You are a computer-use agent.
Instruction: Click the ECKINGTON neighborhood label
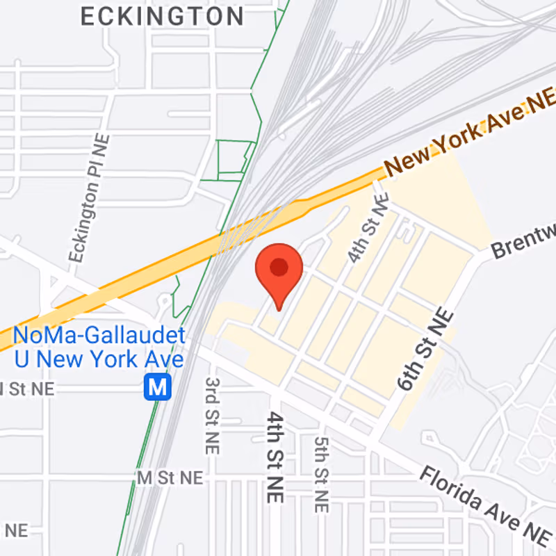(163, 16)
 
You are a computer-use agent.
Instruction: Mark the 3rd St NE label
(213, 416)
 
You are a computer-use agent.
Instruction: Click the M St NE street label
(170, 477)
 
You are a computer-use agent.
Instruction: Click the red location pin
(279, 271)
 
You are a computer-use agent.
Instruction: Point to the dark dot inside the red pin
(279, 266)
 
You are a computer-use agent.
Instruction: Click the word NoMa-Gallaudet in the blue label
(99, 336)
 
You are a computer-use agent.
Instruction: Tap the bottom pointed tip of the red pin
(279, 309)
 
